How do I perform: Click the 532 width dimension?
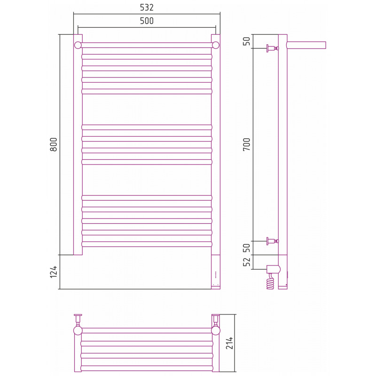147,8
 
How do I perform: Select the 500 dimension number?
147,21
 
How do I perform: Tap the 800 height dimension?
54,144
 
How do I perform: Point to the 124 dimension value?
54,272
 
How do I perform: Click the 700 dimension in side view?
246,144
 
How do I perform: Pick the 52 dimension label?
246,262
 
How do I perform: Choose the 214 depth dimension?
229,343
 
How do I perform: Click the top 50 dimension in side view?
246,41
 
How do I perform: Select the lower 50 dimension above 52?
246,248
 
